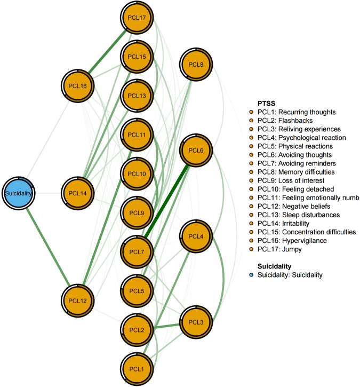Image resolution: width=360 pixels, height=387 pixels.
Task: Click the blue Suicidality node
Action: [x=19, y=193]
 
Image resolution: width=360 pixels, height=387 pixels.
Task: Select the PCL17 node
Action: [x=137, y=18]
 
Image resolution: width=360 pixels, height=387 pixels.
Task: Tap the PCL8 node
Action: [x=196, y=65]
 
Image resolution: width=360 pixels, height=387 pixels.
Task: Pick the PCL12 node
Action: [x=78, y=301]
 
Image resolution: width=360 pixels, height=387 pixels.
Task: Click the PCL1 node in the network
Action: [x=137, y=369]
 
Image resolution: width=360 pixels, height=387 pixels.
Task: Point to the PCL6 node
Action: [x=196, y=151]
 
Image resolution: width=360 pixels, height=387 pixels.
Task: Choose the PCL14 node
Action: [x=78, y=193]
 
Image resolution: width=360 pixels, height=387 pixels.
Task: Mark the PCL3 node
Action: [x=196, y=322]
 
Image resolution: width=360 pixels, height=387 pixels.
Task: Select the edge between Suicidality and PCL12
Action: [x=48, y=247]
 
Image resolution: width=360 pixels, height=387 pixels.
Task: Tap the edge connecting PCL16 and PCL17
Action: [x=107, y=52]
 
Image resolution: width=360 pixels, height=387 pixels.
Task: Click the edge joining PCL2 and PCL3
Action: [x=166, y=326]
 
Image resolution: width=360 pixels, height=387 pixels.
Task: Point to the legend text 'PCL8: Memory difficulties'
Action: [x=296, y=172]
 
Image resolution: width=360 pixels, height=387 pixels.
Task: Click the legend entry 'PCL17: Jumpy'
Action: [x=279, y=249]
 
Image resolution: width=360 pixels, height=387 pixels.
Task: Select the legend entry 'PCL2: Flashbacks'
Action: [x=285, y=121]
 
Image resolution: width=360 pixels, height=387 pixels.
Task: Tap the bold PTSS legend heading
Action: [x=266, y=104]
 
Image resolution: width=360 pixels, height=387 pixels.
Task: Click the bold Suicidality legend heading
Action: [x=275, y=266]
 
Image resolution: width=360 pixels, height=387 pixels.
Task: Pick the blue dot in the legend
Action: [x=251, y=275]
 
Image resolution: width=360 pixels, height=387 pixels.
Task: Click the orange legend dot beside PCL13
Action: [x=251, y=215]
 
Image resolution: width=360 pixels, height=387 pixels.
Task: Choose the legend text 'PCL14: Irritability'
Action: [x=283, y=224]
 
